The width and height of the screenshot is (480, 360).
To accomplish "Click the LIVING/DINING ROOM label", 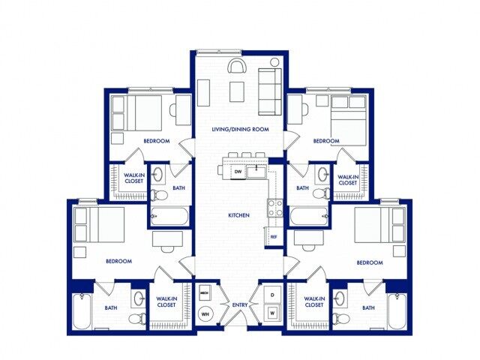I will click(240, 130).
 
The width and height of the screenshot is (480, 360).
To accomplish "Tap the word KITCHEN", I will click(239, 215).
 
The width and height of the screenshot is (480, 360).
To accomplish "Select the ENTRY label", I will click(240, 304).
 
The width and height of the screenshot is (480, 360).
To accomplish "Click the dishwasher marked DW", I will click(238, 172).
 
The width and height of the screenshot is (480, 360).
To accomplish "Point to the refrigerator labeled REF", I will click(274, 236).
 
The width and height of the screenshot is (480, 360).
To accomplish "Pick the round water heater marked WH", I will click(205, 313).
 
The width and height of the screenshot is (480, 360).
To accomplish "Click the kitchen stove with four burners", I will click(274, 208).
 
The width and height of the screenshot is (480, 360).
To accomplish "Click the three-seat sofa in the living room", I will click(268, 91).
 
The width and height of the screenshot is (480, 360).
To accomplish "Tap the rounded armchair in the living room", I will click(237, 66).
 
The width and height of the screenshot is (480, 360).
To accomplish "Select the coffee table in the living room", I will click(237, 91).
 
